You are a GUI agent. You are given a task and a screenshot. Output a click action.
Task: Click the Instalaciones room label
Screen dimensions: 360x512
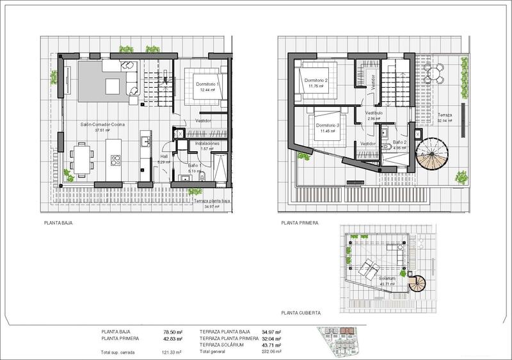point(207,143)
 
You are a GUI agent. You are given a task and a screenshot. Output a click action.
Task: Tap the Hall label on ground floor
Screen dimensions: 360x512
point(164,156)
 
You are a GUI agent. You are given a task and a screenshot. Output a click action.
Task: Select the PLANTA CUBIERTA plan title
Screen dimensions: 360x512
point(301,313)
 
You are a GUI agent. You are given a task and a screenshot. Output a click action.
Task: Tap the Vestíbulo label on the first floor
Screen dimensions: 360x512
point(374,113)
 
